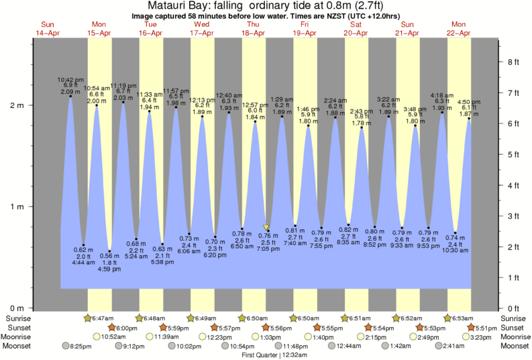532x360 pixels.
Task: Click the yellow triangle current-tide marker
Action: [267, 228]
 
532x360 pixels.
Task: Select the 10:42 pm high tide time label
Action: [70, 80]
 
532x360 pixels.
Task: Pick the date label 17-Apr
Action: [201, 33]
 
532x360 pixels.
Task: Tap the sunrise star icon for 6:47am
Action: [87, 318]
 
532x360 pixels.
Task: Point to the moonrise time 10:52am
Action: [115, 337]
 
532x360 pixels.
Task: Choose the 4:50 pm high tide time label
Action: [468, 102]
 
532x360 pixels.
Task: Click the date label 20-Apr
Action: [356, 33]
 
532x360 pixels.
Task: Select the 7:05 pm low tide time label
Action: [268, 248]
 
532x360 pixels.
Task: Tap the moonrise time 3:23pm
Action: [489, 337]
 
